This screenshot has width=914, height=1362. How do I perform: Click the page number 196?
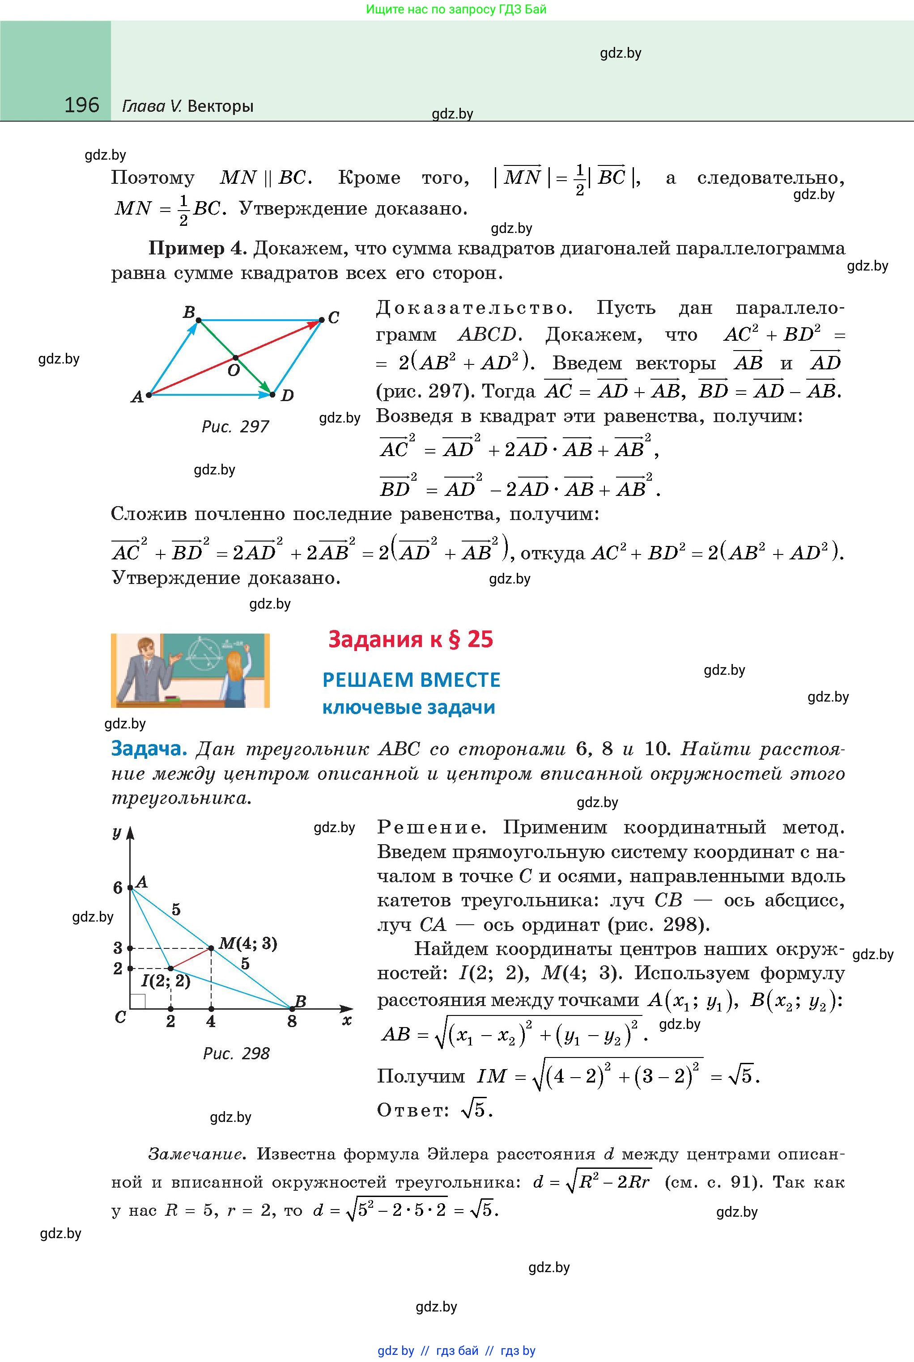pos(81,105)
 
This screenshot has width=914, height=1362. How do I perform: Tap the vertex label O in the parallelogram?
pos(233,371)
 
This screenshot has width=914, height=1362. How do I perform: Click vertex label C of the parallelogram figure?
pos(333,317)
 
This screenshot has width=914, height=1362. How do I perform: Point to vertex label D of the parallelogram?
pos(287,396)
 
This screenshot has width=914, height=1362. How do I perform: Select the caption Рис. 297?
pos(235,427)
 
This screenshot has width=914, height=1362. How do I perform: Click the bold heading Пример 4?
pos(198,248)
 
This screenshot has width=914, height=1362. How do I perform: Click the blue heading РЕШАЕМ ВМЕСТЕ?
pos(411,680)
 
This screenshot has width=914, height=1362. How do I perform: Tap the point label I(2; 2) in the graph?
pos(166,981)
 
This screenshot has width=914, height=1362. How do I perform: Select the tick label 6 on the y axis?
pos(118,888)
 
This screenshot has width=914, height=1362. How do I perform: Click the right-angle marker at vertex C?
pos(137,1001)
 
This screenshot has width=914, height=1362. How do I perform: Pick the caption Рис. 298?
pos(236,1053)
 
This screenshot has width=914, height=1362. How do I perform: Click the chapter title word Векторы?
pos(221,106)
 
